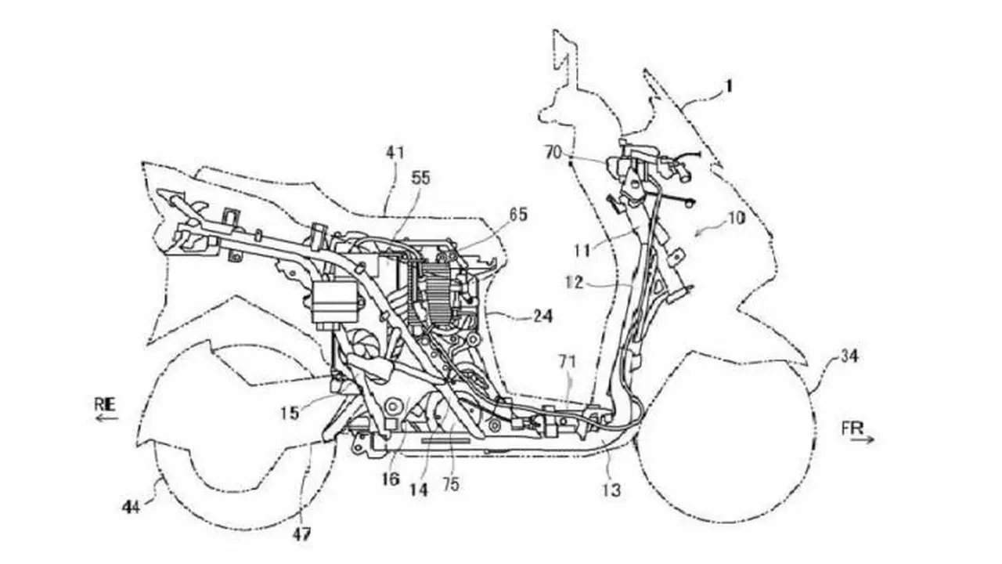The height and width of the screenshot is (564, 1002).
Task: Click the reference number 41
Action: (x=395, y=153)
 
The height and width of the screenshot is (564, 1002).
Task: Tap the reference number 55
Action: (x=420, y=178)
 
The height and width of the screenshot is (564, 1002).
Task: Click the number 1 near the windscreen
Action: (x=729, y=85)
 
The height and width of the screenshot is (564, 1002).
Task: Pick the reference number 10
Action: (x=737, y=218)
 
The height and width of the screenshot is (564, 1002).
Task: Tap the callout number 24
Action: (x=542, y=316)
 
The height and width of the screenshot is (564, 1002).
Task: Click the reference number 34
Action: (x=849, y=356)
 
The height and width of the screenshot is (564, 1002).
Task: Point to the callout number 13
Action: (x=611, y=490)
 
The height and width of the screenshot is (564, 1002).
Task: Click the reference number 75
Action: (x=450, y=484)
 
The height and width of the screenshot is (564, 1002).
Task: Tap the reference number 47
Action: (x=301, y=534)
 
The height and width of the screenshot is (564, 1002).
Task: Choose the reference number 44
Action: (x=132, y=508)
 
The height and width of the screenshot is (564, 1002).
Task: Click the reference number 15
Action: (x=290, y=413)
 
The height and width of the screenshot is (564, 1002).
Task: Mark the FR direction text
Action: (x=852, y=428)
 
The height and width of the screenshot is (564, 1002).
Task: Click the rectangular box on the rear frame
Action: (x=336, y=301)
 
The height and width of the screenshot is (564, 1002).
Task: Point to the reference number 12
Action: (x=574, y=283)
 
